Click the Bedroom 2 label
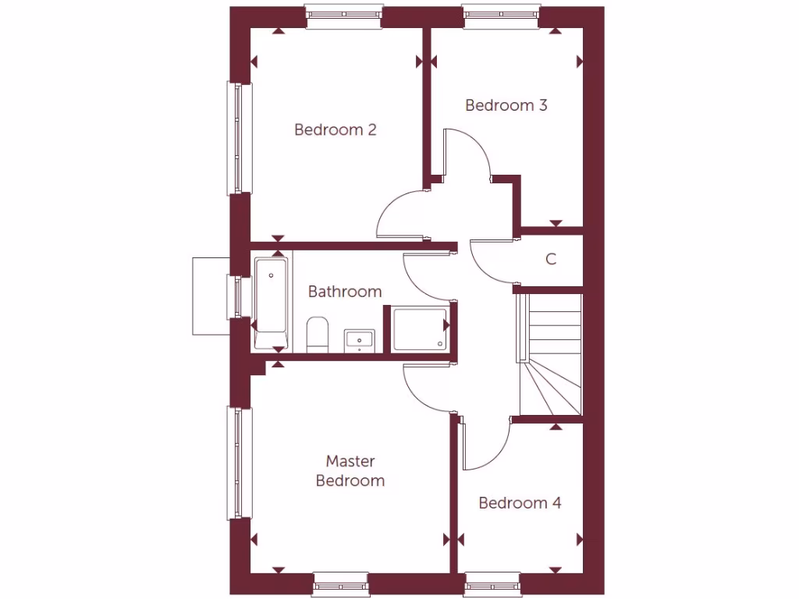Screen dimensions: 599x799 tap(336, 129)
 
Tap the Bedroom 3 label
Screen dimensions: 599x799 tap(506, 105)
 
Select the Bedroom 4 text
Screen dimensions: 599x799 tap(520, 503)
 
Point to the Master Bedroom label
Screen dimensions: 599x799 tap(350, 471)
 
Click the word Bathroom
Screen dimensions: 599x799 tap(345, 292)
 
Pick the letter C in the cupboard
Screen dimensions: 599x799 tap(551, 260)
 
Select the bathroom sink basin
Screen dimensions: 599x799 tap(359, 341)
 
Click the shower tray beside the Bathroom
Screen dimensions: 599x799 tap(421, 329)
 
